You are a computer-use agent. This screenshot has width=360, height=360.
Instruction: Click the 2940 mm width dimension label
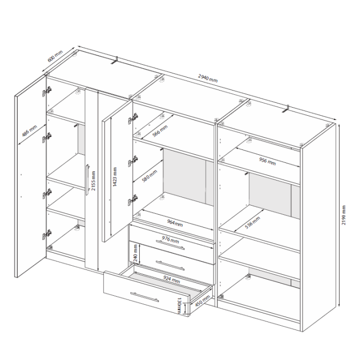coord(208,78)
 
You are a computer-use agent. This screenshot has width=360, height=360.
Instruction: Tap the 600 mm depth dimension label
coord(55,56)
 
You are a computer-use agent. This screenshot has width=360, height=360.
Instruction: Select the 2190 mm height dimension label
coord(344,215)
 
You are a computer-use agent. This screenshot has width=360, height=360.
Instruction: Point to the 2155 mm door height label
coord(93,181)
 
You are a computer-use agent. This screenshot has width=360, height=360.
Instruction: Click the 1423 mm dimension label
coord(115,177)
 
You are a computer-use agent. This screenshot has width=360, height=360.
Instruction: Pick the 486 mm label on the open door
coord(29,131)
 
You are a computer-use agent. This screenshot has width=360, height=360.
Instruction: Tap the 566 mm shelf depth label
coord(160,131)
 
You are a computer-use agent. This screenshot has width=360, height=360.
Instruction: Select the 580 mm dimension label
coord(149,176)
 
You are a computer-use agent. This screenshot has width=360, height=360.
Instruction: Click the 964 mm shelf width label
coord(175,223)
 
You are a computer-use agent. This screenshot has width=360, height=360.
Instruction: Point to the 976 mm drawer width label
coord(170,239)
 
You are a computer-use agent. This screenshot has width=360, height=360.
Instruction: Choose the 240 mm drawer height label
coord(136,253)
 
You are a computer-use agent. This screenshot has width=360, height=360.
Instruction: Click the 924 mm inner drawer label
coord(172,280)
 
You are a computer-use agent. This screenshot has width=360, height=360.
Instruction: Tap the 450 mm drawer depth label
coord(202,301)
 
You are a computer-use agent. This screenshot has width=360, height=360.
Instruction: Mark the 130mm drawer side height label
coord(179,306)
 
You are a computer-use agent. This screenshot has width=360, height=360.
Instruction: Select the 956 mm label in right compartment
coord(267,161)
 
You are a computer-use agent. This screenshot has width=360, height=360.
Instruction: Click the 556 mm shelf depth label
coord(252,222)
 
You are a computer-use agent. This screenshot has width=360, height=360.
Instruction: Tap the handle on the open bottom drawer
coord(145,297)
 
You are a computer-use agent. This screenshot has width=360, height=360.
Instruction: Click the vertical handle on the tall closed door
coord(87,180)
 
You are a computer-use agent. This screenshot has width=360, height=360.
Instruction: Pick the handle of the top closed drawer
coord(170,245)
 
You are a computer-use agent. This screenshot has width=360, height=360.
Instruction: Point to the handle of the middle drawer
coord(170,265)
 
